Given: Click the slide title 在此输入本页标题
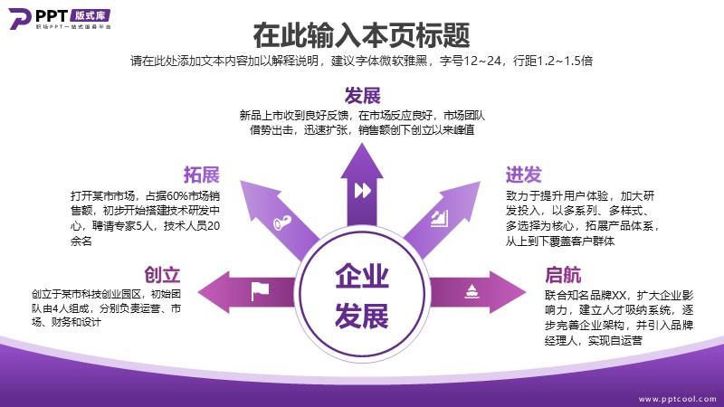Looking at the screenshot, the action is tap(361, 35).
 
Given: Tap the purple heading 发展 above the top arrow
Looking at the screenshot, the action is tap(363, 96).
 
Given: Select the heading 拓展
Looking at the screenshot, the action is tap(201, 175).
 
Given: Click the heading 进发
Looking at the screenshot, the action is tap(524, 175).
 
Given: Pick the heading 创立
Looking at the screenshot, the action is tap(162, 275).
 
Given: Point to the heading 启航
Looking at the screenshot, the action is tap(563, 275).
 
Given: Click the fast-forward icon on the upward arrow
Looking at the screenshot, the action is tap(363, 190).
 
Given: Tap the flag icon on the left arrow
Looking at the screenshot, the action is tap(260, 291).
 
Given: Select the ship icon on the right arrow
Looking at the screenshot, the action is tap(471, 291).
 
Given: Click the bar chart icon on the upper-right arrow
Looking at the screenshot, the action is tap(440, 218).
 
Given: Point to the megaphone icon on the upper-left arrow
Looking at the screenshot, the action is tap(282, 222).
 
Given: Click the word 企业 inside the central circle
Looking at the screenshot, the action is tap(362, 276).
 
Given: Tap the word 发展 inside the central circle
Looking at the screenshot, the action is tap(362, 316).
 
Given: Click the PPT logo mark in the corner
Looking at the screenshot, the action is tap(19, 18).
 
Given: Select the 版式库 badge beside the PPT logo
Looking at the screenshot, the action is tap(91, 15).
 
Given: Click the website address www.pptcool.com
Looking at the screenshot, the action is tap(677, 399).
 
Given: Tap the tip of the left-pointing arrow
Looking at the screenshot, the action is tap(198, 292).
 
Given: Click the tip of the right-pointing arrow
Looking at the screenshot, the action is tap(526, 292).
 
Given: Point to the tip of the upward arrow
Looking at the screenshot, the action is tap(362, 144).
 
